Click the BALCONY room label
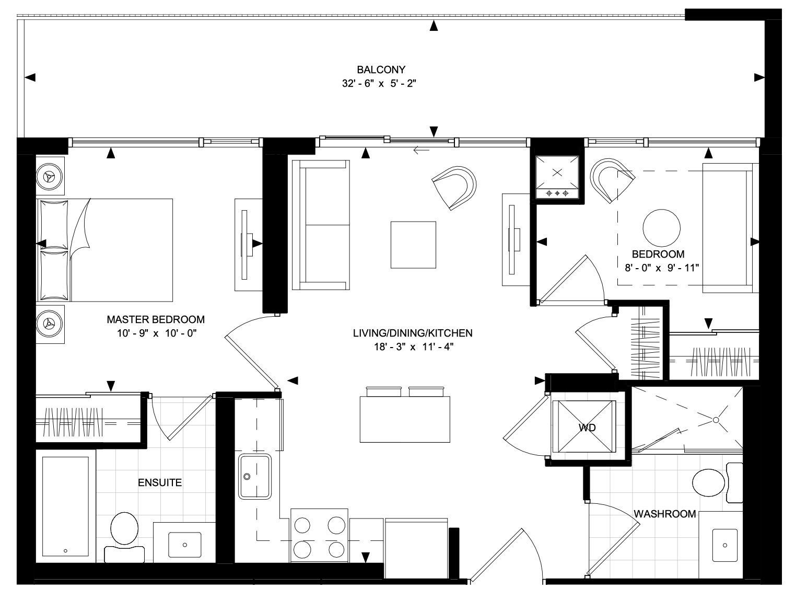click(x=381, y=70)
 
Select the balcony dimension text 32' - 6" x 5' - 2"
click(x=379, y=84)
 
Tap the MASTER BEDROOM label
click(x=156, y=319)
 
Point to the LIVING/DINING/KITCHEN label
click(x=413, y=333)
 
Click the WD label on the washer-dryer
click(x=587, y=428)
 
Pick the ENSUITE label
click(x=160, y=482)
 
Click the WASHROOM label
click(x=665, y=514)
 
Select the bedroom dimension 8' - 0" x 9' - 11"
click(x=662, y=268)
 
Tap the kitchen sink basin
click(x=254, y=476)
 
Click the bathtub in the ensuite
click(x=65, y=506)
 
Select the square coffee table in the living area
click(x=413, y=245)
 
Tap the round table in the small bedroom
click(x=661, y=228)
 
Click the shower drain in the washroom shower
click(x=716, y=420)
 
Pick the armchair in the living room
click(x=455, y=188)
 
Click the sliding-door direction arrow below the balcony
click(x=422, y=149)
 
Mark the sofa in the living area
click(x=321, y=225)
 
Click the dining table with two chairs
click(x=405, y=414)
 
